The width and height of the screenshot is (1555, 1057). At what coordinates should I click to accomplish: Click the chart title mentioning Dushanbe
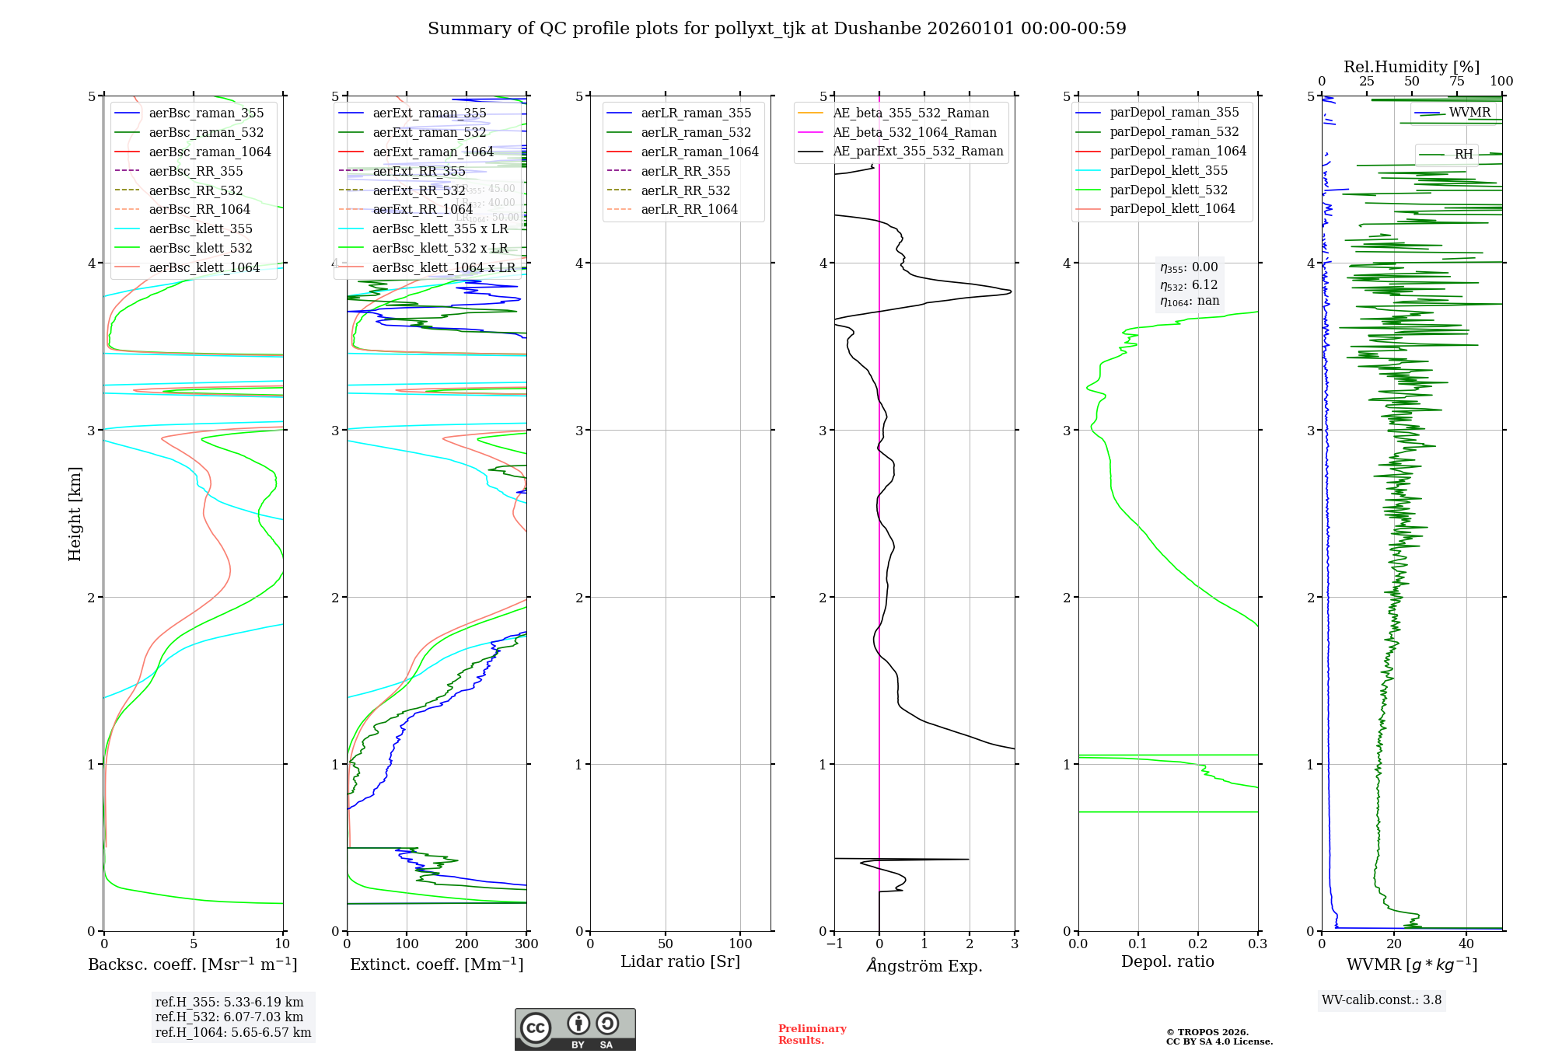pyautogui.click(x=777, y=29)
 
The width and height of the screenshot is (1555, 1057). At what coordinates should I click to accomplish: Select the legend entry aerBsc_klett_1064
pyautogui.click(x=204, y=267)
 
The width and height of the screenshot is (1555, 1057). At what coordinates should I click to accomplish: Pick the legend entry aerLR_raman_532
pyautogui.click(x=696, y=132)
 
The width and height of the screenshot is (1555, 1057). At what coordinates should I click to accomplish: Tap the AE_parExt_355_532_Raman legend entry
pyautogui.click(x=917, y=152)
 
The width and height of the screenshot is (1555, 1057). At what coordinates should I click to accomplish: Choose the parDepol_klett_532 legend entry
pyautogui.click(x=1168, y=190)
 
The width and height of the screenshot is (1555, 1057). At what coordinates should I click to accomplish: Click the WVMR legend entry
pyautogui.click(x=1469, y=113)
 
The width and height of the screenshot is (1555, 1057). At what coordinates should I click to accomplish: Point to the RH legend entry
pyautogui.click(x=1463, y=155)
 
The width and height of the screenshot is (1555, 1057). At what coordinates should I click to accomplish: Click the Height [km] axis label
pyautogui.click(x=75, y=514)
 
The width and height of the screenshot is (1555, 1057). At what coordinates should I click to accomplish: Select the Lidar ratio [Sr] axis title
pyautogui.click(x=680, y=962)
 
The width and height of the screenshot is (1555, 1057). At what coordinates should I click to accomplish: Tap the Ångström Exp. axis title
pyautogui.click(x=924, y=965)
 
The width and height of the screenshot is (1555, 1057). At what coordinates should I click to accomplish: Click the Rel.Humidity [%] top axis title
pyautogui.click(x=1411, y=67)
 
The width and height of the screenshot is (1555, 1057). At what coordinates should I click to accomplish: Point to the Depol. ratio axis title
pyautogui.click(x=1167, y=962)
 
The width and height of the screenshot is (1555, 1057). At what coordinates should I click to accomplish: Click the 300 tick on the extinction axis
pyautogui.click(x=526, y=944)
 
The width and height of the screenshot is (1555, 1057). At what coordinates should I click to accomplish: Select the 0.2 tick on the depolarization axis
pyautogui.click(x=1198, y=944)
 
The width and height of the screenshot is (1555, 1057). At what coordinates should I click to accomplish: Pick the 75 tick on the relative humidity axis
pyautogui.click(x=1456, y=82)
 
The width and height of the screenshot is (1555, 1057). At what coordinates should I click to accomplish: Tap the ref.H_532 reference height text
pyautogui.click(x=229, y=1017)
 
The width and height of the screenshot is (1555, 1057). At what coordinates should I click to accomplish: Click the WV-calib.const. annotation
pyautogui.click(x=1382, y=1000)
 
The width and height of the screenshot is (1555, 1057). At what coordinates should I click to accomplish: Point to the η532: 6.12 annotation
pyautogui.click(x=1189, y=285)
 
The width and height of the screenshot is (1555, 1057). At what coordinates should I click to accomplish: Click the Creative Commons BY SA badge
pyautogui.click(x=575, y=1029)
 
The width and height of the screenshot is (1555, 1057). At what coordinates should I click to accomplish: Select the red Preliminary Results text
pyautogui.click(x=812, y=1034)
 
